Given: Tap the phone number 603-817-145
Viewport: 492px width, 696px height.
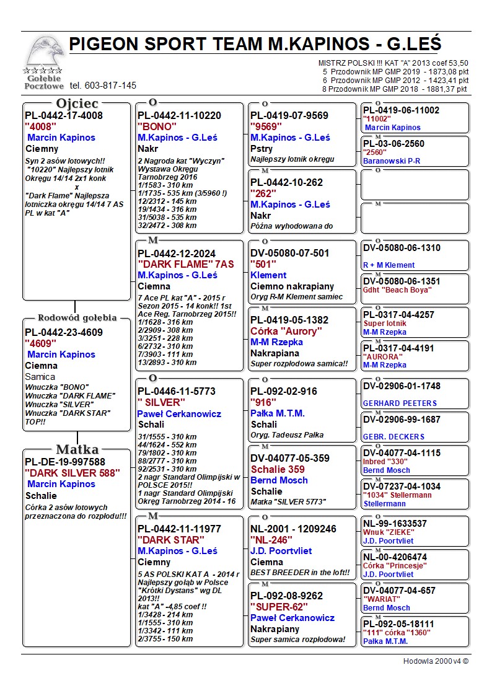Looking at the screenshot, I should pos(103,86).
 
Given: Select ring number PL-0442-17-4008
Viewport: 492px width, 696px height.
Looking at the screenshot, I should pos(64,115).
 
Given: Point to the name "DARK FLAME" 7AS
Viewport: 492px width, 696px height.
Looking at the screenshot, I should pos(185,264).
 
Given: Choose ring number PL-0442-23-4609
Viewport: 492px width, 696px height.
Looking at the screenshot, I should pos(64,332).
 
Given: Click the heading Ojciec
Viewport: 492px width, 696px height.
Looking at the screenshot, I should pos(77,103).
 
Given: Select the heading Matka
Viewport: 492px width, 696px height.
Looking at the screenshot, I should pos(77,449).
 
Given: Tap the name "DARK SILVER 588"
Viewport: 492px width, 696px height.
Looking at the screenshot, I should pos(72,473).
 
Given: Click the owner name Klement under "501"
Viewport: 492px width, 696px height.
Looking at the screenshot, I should pos(268,275).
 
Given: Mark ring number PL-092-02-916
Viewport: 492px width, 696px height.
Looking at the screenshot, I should pos(284,391).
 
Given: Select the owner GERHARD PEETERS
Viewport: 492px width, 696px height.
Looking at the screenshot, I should pos(400,403).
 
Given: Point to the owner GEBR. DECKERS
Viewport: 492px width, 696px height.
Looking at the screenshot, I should pos(393,437).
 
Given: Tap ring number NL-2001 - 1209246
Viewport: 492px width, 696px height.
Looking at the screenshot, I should pos(293,529).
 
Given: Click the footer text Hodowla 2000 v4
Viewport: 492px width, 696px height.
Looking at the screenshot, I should pos(436,661).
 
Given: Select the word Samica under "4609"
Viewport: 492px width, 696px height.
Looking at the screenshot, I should pos(40,377).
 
